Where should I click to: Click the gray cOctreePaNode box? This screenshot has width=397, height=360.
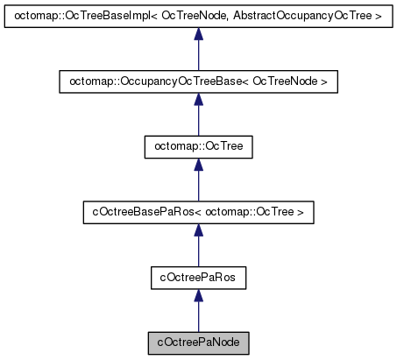click(x=198, y=341)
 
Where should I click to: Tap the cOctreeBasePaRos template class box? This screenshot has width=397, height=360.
click(x=198, y=211)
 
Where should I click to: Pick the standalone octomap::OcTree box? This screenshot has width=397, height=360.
click(x=198, y=146)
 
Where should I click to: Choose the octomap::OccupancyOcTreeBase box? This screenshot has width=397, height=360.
click(x=198, y=81)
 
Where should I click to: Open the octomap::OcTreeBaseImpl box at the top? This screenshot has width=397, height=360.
click(x=198, y=17)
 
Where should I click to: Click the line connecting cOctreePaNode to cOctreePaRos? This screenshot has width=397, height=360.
click(x=198, y=315)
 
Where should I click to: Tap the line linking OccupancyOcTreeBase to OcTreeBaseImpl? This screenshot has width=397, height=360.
click(x=198, y=56)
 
